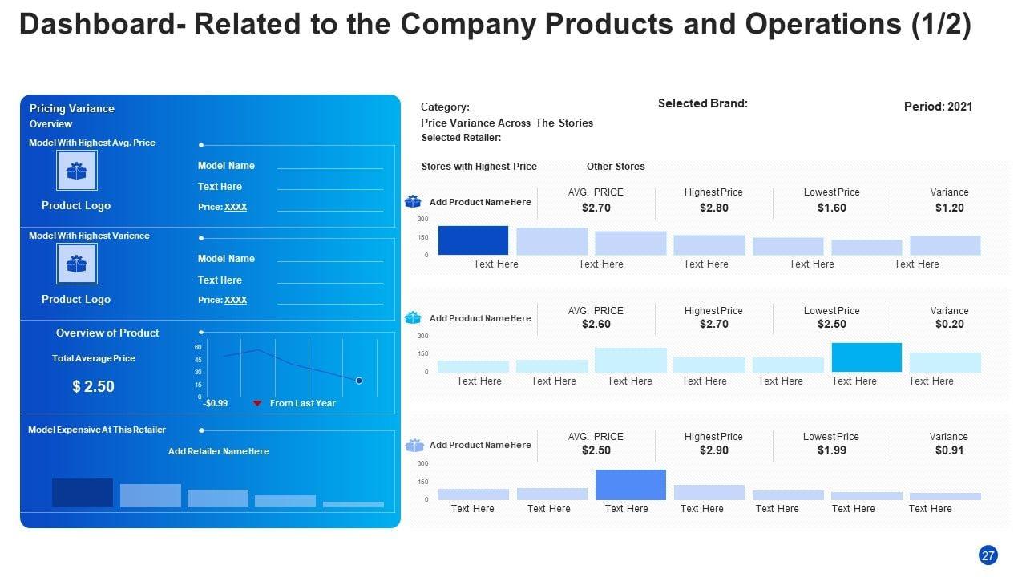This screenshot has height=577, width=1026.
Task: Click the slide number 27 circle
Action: (x=988, y=555)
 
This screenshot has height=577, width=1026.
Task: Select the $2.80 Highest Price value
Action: (x=713, y=208)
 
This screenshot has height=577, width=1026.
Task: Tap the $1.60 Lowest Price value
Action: (x=831, y=208)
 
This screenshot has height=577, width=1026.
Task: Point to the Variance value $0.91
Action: (x=949, y=450)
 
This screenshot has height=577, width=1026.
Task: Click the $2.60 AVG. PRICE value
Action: (x=595, y=324)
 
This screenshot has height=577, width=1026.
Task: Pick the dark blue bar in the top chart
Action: (x=473, y=240)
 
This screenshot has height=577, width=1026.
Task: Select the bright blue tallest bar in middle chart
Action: (x=866, y=357)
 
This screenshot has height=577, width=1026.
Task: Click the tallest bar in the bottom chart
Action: (x=630, y=485)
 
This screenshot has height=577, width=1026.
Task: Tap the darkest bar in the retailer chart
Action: (x=83, y=493)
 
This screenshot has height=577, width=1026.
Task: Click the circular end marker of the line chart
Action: (x=359, y=381)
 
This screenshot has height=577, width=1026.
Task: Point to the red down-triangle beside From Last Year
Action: (x=257, y=403)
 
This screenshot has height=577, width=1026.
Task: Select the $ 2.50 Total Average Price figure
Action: (x=93, y=386)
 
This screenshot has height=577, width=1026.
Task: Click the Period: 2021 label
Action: (x=938, y=107)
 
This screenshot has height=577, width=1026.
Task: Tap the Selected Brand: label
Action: (x=702, y=103)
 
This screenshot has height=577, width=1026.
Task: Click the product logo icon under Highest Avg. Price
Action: (x=77, y=171)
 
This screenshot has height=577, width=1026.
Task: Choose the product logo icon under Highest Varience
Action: (x=77, y=264)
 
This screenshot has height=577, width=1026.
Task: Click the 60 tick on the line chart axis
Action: (x=198, y=347)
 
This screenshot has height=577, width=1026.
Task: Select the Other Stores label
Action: (x=616, y=167)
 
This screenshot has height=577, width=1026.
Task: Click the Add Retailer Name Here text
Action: (x=218, y=451)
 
